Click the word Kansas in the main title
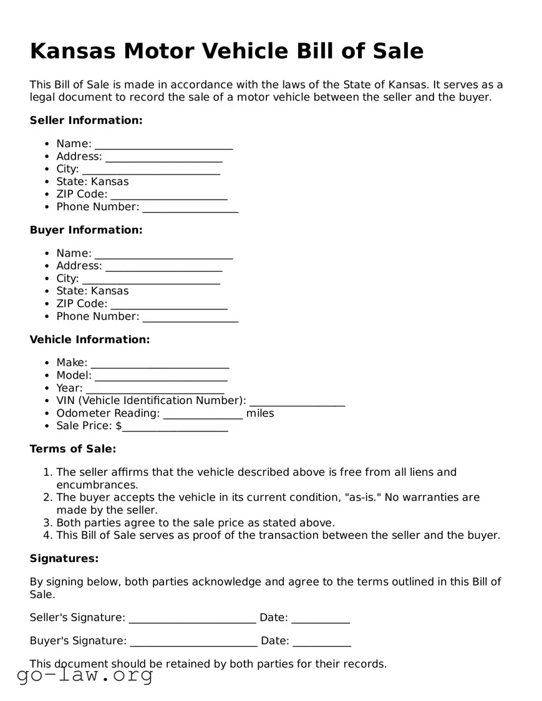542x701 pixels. click(72, 51)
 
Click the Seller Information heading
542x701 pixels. click(86, 120)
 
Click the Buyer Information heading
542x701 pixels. click(86, 230)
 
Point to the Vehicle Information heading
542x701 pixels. click(90, 340)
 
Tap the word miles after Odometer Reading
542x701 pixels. click(260, 413)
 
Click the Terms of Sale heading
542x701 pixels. click(73, 449)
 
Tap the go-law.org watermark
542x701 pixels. click(85, 675)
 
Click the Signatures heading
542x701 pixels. click(64, 559)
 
